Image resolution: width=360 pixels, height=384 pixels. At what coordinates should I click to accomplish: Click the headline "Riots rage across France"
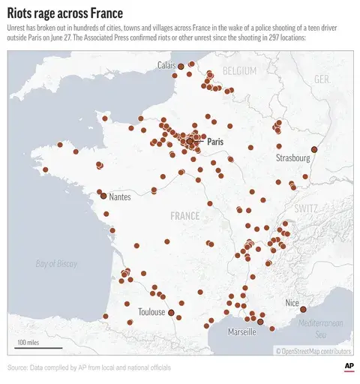pos(65,13)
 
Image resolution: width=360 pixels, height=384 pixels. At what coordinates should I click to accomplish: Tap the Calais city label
pos(166,66)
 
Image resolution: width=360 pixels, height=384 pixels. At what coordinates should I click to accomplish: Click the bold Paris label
pos(215,141)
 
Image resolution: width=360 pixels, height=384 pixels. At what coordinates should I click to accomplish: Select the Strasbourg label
pos(292,158)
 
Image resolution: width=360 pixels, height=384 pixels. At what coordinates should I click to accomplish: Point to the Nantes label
pos(120,197)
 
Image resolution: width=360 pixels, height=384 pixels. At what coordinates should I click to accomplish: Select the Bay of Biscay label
pos(56,263)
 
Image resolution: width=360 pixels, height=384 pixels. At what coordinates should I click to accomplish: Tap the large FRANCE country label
pos(184,216)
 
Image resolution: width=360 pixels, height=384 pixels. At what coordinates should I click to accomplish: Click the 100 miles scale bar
pos(28,346)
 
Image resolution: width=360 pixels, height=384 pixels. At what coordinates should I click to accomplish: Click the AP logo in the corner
pos(348,366)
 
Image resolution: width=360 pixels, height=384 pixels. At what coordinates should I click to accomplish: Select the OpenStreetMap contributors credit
pos(313,350)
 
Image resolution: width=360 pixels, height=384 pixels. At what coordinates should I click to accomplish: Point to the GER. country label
pos(322,79)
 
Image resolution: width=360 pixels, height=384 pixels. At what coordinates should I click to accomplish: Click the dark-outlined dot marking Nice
pos(304,309)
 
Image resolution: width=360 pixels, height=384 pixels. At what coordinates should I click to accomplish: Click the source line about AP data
pos(89,367)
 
